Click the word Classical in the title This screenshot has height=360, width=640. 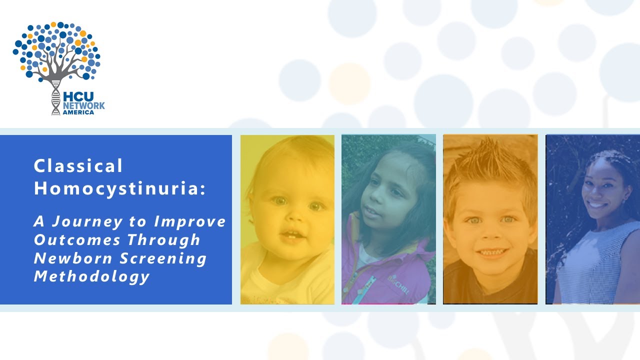(x=78, y=166)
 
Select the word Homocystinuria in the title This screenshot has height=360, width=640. (x=118, y=188)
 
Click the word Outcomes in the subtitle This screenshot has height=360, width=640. (x=77, y=240)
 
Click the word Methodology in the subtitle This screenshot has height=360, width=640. (x=91, y=277)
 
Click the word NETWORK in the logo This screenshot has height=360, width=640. (x=83, y=105)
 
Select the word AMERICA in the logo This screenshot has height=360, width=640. (x=78, y=112)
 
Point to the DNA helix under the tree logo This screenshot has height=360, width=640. (x=55, y=98)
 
